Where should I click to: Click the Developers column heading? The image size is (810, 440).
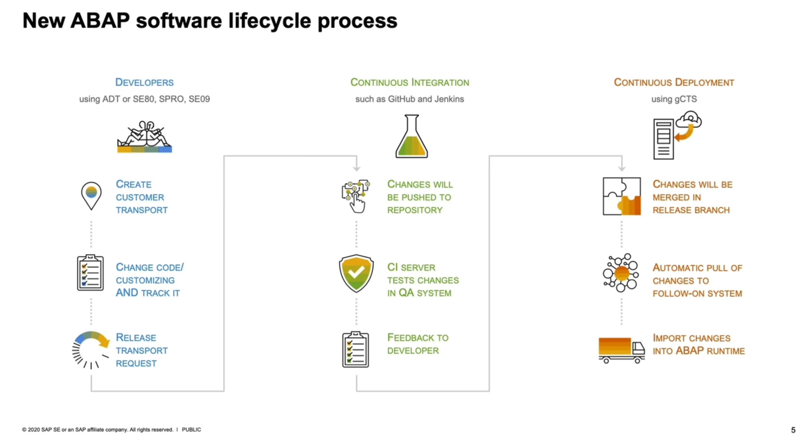[144, 82]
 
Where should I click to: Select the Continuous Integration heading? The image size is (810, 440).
[410, 82]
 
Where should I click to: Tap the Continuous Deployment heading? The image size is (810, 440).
[674, 82]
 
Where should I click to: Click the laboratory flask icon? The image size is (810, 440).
[412, 136]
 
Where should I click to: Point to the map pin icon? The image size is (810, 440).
[91, 196]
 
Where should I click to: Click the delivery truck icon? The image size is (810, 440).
[622, 350]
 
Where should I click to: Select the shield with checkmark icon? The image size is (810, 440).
[356, 273]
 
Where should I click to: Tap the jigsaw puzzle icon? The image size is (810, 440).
[622, 196]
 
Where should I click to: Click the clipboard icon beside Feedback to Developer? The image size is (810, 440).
[356, 349]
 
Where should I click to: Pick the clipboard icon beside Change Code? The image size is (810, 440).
[90, 273]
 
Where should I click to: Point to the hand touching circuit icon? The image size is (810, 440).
[356, 196]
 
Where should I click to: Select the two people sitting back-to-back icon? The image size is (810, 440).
[145, 137]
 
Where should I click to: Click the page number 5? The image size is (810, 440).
[793, 430]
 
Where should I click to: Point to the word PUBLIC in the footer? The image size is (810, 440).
[191, 429]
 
